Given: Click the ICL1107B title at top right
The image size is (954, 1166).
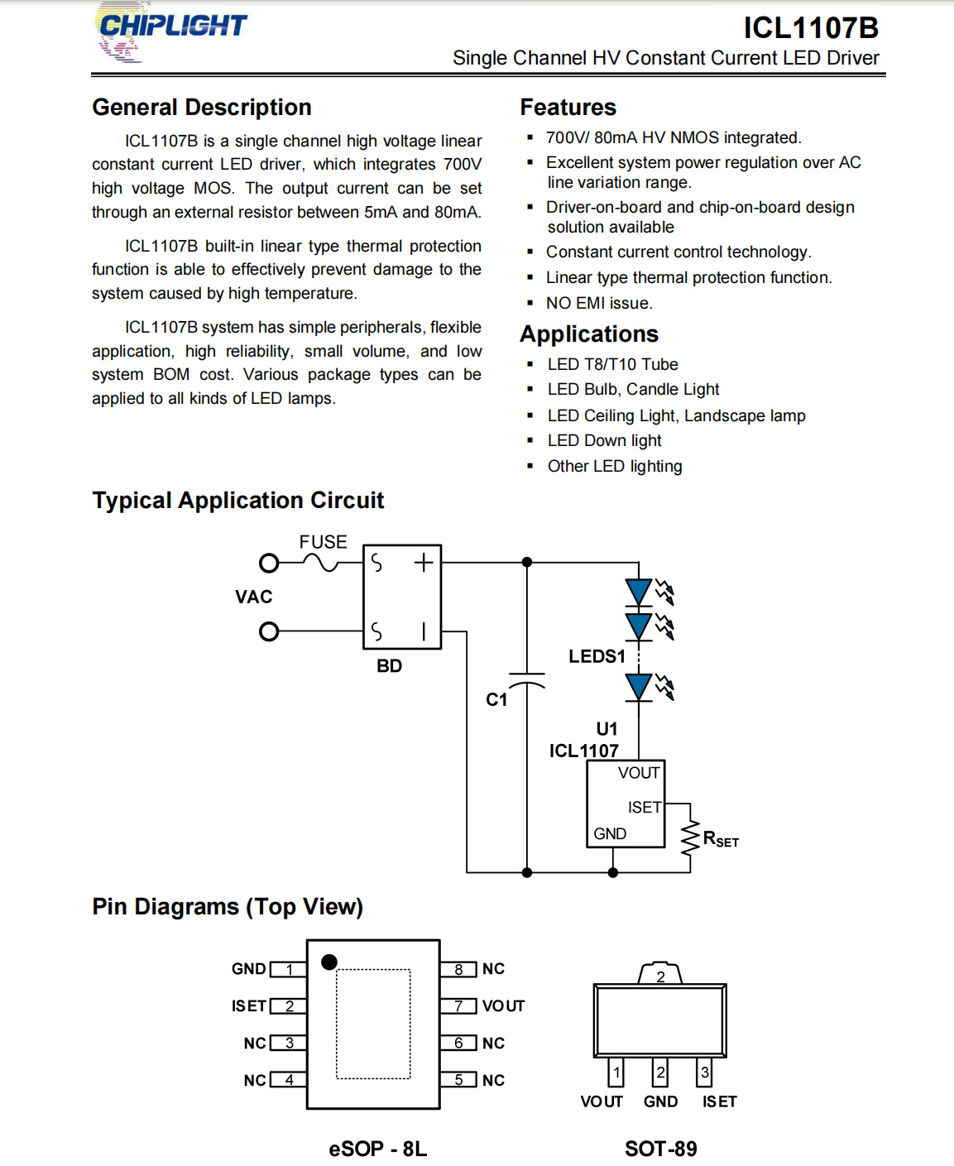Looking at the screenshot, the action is click(810, 27).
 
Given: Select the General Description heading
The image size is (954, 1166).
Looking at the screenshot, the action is click(202, 108).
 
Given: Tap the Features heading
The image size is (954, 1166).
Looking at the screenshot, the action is click(568, 108).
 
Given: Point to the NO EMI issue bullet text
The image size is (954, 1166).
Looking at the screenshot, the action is click(599, 303).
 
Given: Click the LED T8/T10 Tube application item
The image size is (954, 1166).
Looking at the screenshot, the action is click(612, 364).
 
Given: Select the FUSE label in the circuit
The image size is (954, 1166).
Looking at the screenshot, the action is click(323, 542).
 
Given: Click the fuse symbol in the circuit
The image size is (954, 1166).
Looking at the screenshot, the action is click(320, 563).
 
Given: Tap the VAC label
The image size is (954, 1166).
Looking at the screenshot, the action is click(254, 597).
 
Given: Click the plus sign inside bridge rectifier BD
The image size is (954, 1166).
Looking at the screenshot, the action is click(424, 563).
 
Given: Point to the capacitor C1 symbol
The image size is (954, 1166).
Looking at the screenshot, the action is click(527, 680).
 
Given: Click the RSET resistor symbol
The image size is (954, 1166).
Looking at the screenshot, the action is click(690, 838).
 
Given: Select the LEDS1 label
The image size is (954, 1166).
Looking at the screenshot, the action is click(597, 656).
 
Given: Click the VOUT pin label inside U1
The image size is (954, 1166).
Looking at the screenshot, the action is click(639, 773).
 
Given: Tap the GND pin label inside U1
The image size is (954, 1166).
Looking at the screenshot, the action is click(610, 833).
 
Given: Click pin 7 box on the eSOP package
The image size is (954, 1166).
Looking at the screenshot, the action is click(458, 1005).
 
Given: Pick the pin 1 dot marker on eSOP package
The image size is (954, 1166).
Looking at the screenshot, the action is click(328, 962).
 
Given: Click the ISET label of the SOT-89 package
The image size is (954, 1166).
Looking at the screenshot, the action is click(719, 1102).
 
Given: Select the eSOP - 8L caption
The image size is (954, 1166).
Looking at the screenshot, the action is click(377, 1149).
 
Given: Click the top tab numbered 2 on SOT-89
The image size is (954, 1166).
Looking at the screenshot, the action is click(660, 974).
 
